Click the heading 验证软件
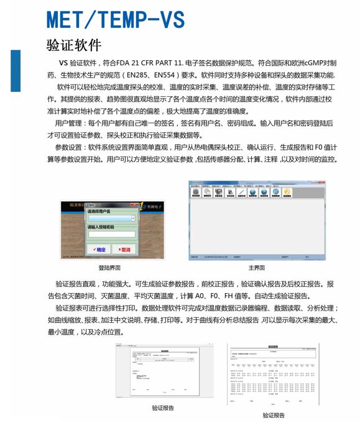tap(73, 46)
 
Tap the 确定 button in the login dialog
tap(99, 249)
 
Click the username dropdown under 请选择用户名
tap(111, 219)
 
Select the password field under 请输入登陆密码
tap(111, 235)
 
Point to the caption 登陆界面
tap(109, 268)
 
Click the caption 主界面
tap(257, 268)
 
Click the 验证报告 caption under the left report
tap(163, 407)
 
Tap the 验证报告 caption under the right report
tap(273, 415)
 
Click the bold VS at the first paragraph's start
tap(63, 63)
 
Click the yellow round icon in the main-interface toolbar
tap(287, 192)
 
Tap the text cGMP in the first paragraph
tap(309, 63)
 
